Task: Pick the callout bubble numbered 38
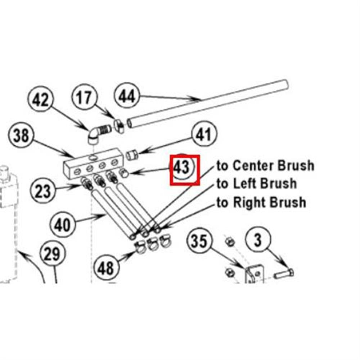pyautogui.click(x=21, y=136)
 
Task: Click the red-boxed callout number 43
pyautogui.click(x=184, y=170)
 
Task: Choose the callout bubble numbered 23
pyautogui.click(x=43, y=190)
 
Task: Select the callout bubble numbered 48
pyautogui.click(x=106, y=268)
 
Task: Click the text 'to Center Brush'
pyautogui.click(x=265, y=166)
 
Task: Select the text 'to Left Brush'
pyautogui.click(x=257, y=184)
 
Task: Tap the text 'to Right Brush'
pyautogui.click(x=261, y=202)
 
